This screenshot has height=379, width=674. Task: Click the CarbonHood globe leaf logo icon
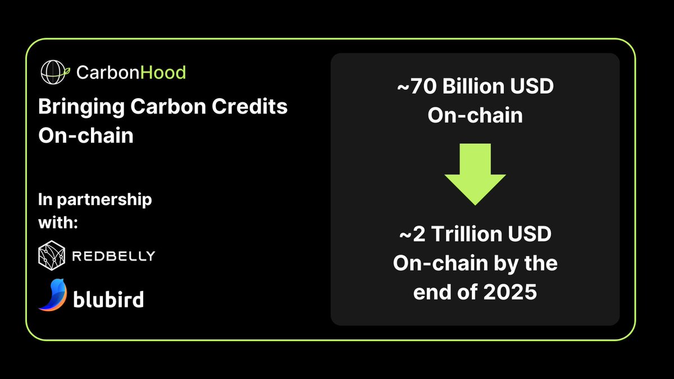click(x=55, y=71)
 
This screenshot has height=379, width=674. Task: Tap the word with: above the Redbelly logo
click(x=57, y=221)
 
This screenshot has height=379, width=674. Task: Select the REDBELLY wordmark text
click(x=113, y=256)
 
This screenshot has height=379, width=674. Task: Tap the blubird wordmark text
click(x=108, y=298)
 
